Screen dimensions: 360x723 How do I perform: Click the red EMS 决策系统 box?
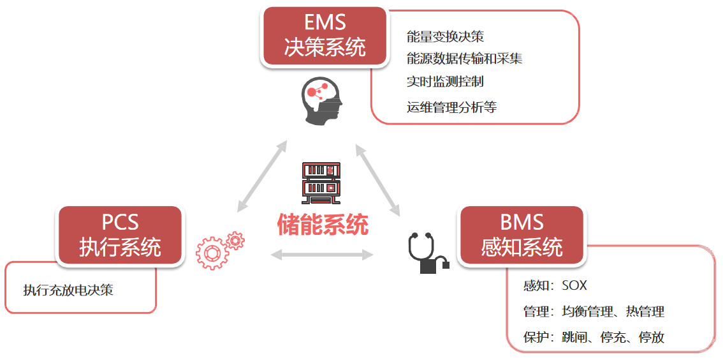[x=325, y=36]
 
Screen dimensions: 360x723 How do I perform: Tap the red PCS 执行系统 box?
[x=120, y=236]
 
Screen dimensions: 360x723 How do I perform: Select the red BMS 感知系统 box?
[x=522, y=236]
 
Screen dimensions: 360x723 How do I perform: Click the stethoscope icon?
[x=426, y=253]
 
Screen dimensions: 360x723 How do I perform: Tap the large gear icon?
[x=212, y=252]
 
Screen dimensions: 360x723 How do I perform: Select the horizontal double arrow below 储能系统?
[x=322, y=255]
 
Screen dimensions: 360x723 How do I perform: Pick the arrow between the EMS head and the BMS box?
[x=377, y=179]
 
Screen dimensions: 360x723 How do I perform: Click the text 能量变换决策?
[x=445, y=37]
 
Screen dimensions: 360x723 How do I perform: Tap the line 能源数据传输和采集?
[x=464, y=59]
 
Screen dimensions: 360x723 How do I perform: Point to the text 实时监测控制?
[x=445, y=82]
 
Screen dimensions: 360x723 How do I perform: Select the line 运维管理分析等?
[x=451, y=107]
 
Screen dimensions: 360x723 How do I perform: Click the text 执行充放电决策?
[x=68, y=290]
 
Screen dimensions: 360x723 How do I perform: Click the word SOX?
[x=574, y=285]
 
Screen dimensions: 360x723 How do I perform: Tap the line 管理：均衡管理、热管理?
[x=594, y=311]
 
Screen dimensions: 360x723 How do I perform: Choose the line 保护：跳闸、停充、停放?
[x=594, y=337]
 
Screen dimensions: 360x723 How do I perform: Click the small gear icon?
[x=236, y=241]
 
